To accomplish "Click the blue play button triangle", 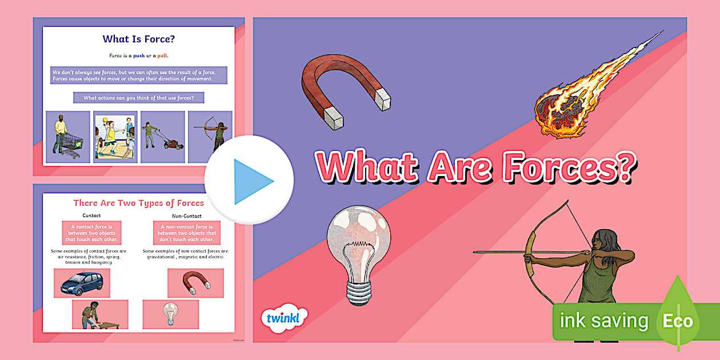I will click(x=251, y=181).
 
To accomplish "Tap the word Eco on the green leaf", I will click(x=678, y=321).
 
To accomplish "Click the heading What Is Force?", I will click(x=138, y=39).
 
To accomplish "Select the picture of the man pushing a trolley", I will click(x=68, y=137).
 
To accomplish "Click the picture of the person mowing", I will click(x=163, y=137).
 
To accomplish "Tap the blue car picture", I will click(x=82, y=283).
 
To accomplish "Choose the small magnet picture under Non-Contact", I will click(x=195, y=283).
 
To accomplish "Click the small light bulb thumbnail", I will click(x=170, y=314).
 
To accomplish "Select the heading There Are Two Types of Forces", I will click(x=138, y=203).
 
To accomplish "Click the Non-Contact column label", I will click(x=187, y=216).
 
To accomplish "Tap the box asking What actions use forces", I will click(x=138, y=98).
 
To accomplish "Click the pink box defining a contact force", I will click(x=91, y=233).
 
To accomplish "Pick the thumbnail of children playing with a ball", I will click(x=115, y=137).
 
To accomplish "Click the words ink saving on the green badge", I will click(x=604, y=321).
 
